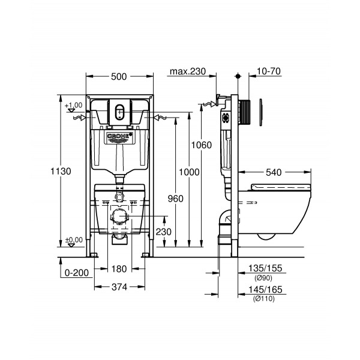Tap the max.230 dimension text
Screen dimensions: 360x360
point(187,71)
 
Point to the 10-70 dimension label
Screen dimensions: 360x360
point(269,71)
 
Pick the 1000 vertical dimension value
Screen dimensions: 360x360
point(189,172)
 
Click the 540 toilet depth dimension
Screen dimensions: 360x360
point(274,172)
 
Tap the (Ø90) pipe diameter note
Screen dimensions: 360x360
point(264,277)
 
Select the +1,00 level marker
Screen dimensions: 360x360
point(73,104)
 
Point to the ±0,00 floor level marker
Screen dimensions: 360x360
point(73,239)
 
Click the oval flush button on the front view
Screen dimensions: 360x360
point(120,112)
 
